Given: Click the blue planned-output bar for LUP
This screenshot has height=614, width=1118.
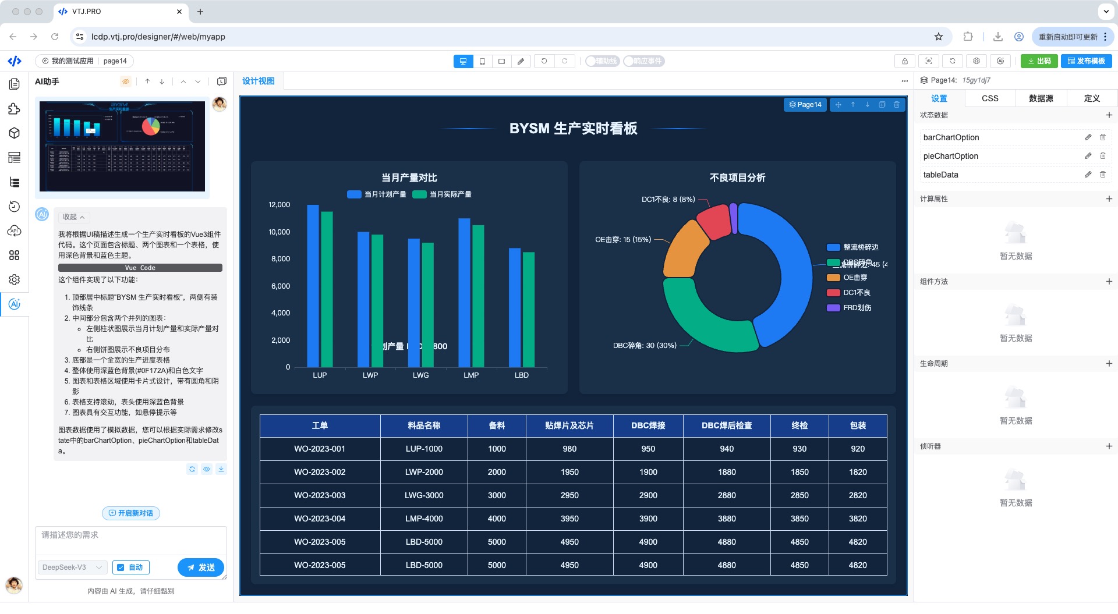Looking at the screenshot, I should pos(313,285).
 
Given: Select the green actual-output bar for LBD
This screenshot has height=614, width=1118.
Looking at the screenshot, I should pos(528,309).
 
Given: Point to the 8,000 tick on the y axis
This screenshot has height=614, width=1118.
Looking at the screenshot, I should pos(280,259).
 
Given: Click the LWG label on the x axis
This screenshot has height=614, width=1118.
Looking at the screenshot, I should pos(420,375).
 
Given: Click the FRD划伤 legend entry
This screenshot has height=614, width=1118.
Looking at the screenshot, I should pos(857,308).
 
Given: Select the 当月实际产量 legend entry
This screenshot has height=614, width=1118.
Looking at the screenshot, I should pos(450,194).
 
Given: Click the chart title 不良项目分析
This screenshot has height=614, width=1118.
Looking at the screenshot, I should pos(737,178).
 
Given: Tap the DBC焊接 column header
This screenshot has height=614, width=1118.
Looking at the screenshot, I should pos(648,425).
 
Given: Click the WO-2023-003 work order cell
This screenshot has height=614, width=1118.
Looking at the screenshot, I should pos(320,495).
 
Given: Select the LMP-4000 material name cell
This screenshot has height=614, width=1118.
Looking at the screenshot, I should pos(424,519).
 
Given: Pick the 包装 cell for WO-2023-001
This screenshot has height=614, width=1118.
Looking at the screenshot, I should pos(857,449).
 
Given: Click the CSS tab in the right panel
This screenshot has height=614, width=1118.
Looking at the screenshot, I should pos(990,98).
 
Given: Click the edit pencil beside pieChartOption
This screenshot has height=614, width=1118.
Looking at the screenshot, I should pos(1088,156).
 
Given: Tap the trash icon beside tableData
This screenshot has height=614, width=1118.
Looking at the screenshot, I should pos(1102,175).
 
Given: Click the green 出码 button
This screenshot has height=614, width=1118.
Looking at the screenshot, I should pos(1039,61).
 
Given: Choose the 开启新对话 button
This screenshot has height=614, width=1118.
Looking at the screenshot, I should pos(131,513).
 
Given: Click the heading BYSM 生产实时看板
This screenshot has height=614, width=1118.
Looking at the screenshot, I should pos(573,129).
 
